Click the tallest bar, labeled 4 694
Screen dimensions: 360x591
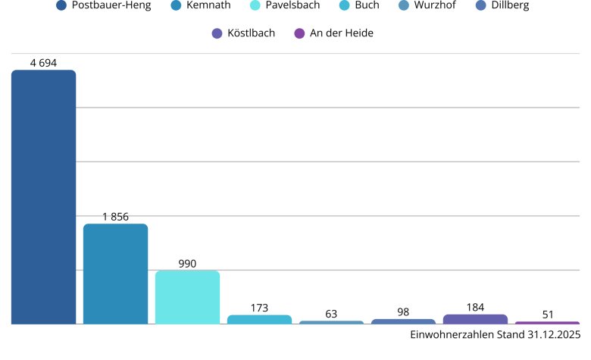[43, 197]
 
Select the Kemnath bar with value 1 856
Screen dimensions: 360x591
[115, 274]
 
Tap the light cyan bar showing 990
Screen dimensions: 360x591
[187, 297]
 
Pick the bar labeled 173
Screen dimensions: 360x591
[259, 320]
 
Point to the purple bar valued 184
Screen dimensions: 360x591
[475, 319]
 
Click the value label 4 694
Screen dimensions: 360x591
[43, 63]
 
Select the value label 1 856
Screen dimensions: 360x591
[115, 217]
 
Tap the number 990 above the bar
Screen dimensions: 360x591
[187, 264]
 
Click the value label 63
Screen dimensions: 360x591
[331, 314]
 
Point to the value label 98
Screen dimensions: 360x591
[403, 312]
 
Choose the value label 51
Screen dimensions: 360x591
[547, 315]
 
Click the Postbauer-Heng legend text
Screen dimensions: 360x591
[111, 6]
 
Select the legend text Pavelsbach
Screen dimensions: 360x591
[292, 6]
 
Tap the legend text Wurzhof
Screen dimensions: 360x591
[436, 6]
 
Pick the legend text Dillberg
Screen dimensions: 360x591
[509, 6]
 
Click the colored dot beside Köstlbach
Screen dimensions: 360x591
[217, 33]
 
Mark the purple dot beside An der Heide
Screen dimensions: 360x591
[299, 33]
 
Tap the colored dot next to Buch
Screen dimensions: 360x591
[343, 6]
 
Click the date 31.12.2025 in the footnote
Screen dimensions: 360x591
[553, 334]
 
